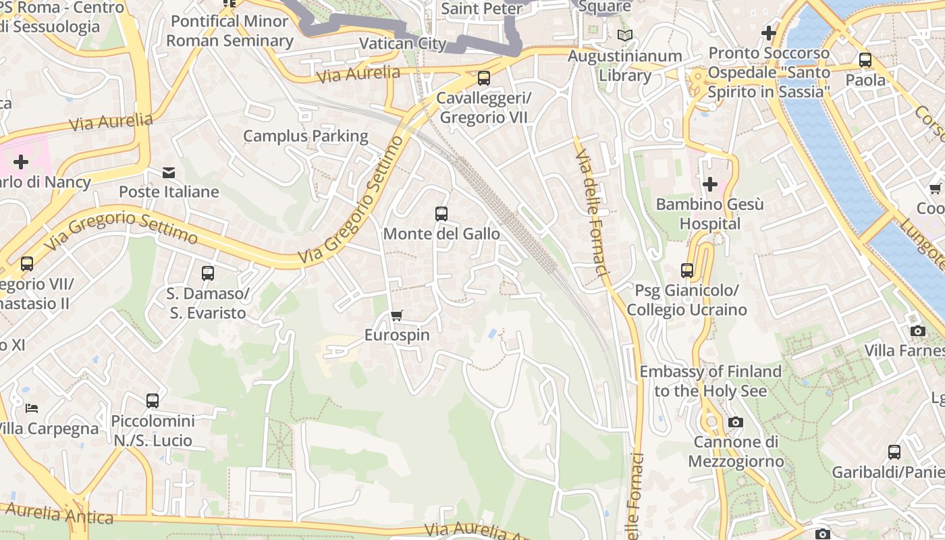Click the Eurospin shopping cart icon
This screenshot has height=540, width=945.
coord(397,315)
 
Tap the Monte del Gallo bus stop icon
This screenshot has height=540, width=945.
coord(441,214)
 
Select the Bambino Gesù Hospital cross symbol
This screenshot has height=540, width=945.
coord(709,184)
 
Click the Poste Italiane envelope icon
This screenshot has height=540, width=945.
coord(169,173)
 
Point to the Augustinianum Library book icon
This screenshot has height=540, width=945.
coord(625,35)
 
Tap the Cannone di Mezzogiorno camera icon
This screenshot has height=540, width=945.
coord(736,423)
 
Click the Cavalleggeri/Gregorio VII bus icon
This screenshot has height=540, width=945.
coord(484,78)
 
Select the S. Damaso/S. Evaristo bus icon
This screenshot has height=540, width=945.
coord(208,273)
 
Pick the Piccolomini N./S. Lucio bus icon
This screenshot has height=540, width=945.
coord(153,401)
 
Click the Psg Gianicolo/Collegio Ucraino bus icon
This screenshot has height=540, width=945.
coord(687,271)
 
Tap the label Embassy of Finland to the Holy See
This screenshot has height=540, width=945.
coord(710,381)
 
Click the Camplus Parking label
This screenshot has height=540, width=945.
coord(306,136)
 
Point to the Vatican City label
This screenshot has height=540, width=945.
coord(403,44)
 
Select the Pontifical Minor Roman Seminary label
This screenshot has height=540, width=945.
coord(230,31)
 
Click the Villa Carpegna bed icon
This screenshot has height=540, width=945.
coord(32,408)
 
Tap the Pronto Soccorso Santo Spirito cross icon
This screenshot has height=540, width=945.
coord(768,32)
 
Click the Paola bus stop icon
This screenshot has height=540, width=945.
coord(865,60)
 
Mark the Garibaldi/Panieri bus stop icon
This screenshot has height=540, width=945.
coord(894,452)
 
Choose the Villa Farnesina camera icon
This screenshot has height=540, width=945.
coord(917,331)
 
